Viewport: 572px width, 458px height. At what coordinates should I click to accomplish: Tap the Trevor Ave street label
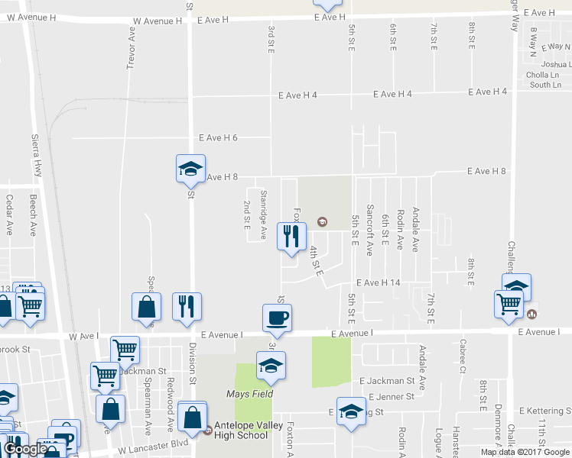132,47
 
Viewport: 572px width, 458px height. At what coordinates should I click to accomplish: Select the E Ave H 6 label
218,138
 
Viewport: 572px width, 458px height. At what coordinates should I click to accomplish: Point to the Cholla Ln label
544,76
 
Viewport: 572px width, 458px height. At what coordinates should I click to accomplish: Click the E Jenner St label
391,397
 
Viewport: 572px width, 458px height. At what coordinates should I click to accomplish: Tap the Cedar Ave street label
10,214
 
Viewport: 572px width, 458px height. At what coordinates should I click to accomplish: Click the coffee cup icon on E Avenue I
276,317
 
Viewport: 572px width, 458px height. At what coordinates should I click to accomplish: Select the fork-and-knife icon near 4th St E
291,235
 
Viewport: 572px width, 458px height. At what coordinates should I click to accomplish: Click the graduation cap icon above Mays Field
271,366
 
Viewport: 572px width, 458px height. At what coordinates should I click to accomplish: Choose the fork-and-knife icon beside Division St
187,306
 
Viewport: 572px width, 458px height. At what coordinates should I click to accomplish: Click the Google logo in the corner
25,449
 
